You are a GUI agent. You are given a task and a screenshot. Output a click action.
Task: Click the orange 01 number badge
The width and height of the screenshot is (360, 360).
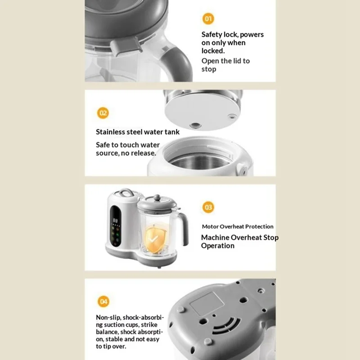[x=208, y=19]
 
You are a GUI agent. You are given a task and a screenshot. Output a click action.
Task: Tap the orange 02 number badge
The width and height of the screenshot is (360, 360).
[x=103, y=113]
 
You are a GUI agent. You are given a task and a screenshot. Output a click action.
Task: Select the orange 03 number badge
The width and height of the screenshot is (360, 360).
[x=208, y=207]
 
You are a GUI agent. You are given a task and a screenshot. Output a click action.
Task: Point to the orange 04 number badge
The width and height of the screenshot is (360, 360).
[x=103, y=301]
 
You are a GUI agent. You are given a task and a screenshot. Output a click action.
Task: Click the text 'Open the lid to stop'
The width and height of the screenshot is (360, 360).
[x=225, y=65]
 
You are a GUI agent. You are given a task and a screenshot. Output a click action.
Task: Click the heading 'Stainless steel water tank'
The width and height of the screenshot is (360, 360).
[x=138, y=132]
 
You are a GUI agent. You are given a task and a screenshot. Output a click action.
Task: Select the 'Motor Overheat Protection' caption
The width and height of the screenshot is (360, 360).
[x=238, y=227]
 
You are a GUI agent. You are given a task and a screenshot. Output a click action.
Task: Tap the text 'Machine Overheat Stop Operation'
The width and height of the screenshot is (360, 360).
[x=239, y=242]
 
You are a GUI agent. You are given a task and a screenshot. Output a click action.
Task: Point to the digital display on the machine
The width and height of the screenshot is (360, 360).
[x=115, y=221]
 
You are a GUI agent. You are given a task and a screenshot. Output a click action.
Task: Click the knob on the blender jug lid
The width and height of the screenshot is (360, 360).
[x=156, y=197]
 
